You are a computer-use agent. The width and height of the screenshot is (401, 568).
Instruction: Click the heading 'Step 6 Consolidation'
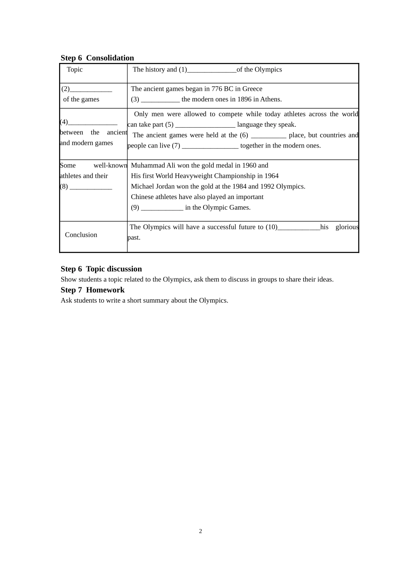[97, 58]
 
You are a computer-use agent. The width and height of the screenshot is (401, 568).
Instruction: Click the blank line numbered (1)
[211, 70]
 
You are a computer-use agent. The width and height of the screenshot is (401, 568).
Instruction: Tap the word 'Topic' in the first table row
[75, 70]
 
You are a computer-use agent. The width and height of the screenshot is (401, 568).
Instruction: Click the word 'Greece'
[252, 89]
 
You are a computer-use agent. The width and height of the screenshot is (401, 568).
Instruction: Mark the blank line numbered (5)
[205, 125]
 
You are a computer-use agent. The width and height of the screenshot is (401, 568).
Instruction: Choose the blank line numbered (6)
[268, 136]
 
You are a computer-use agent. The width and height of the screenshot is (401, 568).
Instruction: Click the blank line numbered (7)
[210, 146]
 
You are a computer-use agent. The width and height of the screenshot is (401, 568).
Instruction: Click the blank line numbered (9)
[162, 208]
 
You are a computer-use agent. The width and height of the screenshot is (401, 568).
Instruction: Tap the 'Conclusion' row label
[81, 235]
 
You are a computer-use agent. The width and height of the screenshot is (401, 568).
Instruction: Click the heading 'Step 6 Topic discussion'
[101, 269]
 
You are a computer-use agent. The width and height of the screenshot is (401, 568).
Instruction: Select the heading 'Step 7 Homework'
[92, 290]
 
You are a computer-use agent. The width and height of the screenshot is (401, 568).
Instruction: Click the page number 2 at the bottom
[200, 531]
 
